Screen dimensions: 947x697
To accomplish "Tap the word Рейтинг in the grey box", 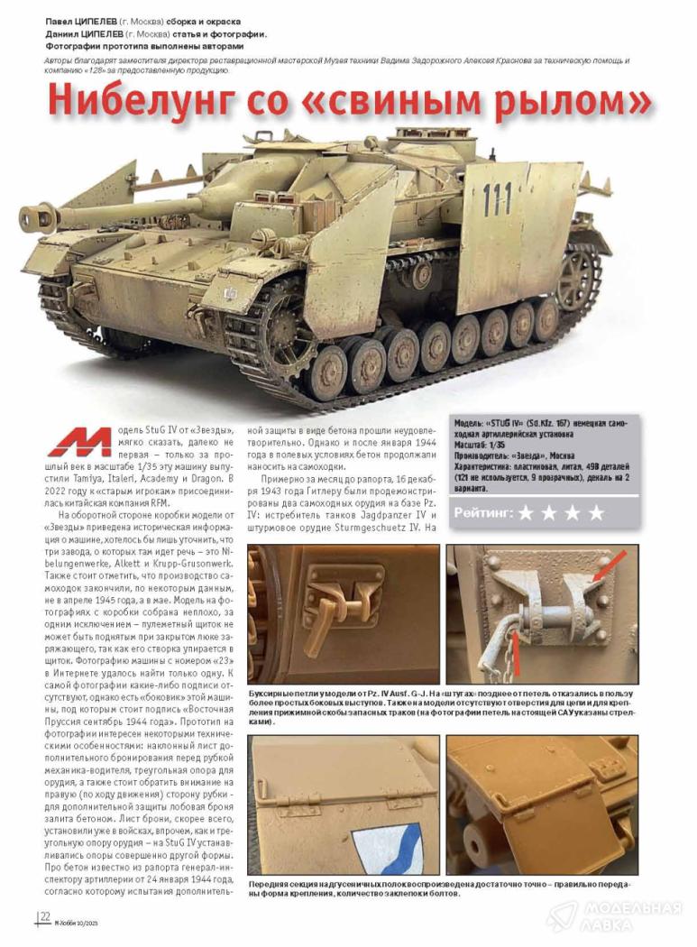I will (x=482, y=512).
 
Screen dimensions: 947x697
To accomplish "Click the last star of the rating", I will (x=596, y=513).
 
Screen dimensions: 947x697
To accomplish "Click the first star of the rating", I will (x=526, y=513).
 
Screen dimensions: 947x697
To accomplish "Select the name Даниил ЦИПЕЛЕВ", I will (x=96, y=32).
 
